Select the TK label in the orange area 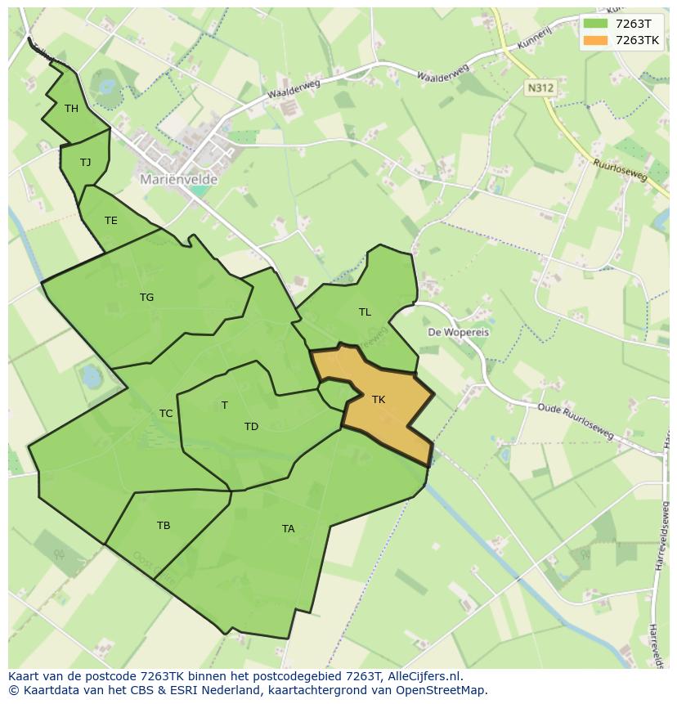[x=378, y=400]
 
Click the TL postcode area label [x=365, y=312]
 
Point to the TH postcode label [x=71, y=109]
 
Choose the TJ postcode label [x=85, y=162]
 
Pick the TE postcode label [x=111, y=220]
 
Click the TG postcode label [x=146, y=297]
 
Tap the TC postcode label [x=166, y=413]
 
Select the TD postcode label [x=251, y=426]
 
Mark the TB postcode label [x=164, y=525]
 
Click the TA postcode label [x=288, y=528]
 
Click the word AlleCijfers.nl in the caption [x=427, y=676]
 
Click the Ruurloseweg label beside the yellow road [x=620, y=169]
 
